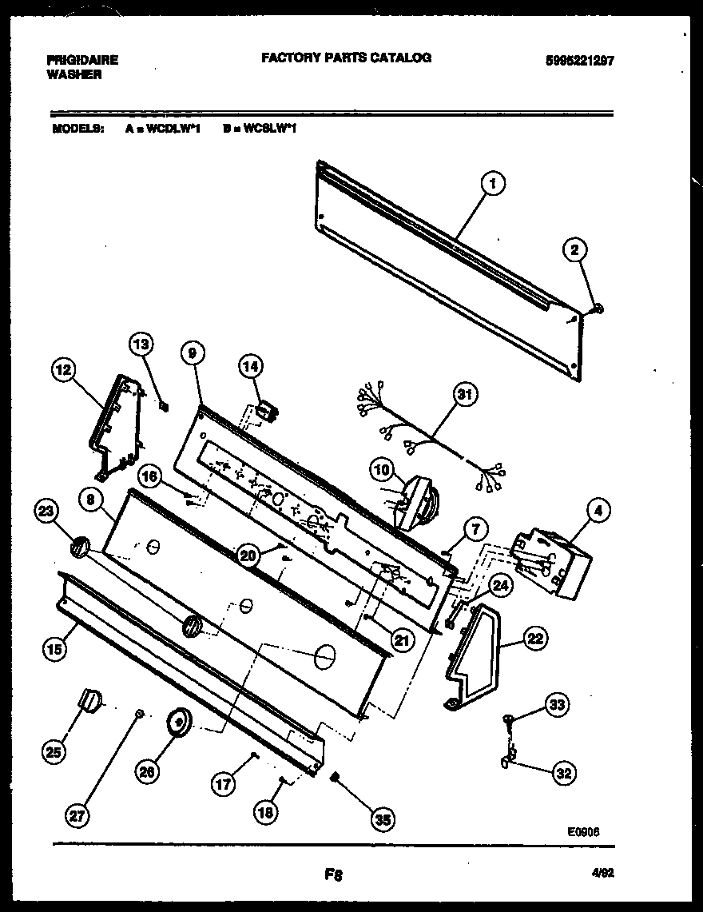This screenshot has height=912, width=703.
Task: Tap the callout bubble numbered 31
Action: (463, 395)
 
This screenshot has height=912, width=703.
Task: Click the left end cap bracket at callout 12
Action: (116, 424)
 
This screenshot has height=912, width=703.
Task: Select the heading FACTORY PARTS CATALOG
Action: (346, 58)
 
